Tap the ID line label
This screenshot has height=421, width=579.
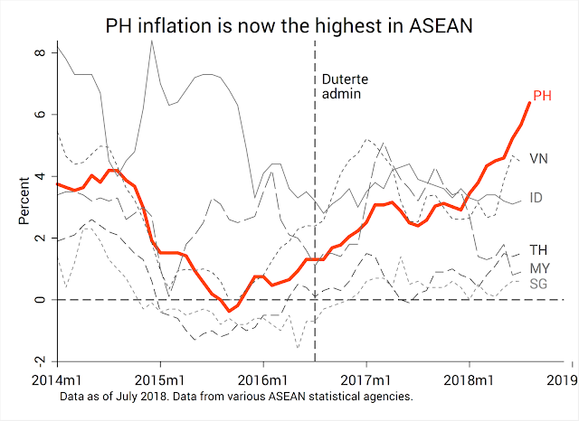tap(536, 196)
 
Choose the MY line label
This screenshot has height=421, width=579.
tap(539, 268)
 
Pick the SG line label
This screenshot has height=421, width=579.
tap(538, 285)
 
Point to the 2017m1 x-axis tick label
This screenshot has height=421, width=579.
tap(366, 378)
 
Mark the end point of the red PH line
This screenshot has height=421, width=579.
tap(529, 102)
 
